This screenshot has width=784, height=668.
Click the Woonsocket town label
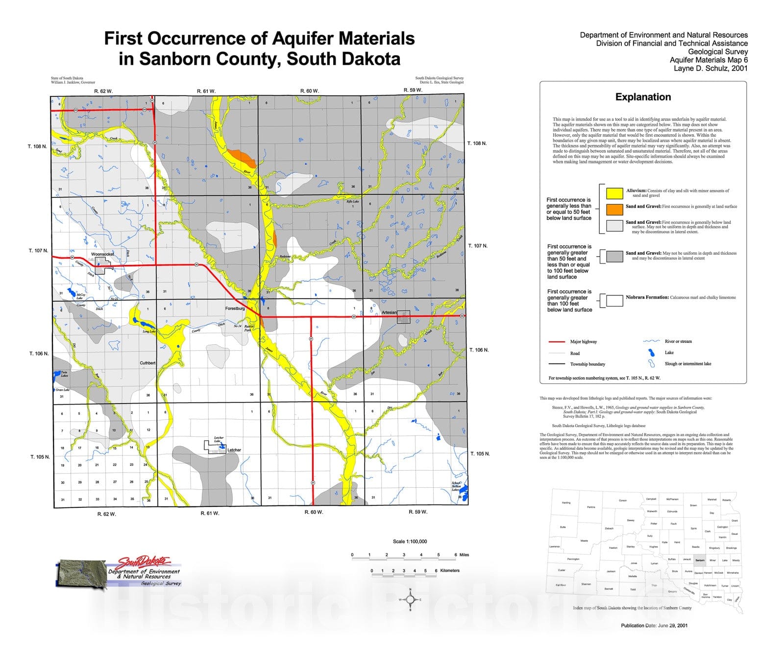click(x=102, y=255)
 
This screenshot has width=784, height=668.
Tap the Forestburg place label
click(x=235, y=309)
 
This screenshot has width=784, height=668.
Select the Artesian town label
click(x=389, y=312)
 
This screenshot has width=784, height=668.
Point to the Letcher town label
click(x=234, y=450)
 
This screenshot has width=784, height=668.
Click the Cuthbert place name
click(x=147, y=363)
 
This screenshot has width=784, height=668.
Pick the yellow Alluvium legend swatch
click(x=614, y=192)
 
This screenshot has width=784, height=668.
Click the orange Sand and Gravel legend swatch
click(x=614, y=209)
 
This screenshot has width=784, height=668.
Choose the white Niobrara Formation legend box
click(x=614, y=300)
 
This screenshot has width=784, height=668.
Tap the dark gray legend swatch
click(x=614, y=256)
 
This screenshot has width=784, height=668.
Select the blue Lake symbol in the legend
click(x=652, y=353)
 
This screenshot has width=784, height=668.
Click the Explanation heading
click(x=643, y=97)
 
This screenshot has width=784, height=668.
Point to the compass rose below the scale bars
click(x=411, y=599)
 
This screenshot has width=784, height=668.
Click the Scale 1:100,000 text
click(x=410, y=542)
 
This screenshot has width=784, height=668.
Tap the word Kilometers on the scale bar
click(x=450, y=571)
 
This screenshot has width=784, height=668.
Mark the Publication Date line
click(x=654, y=625)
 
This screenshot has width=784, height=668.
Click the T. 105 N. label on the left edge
click(x=40, y=457)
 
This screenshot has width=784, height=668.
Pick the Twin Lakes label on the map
click(x=64, y=374)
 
